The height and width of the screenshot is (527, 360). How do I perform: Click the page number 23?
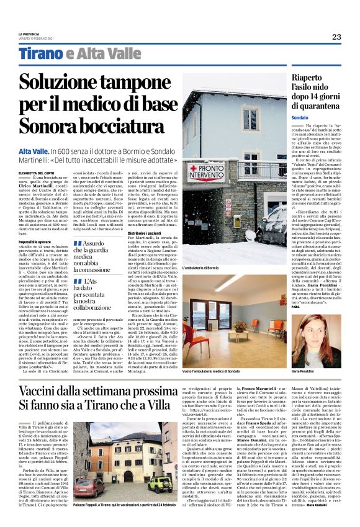pos(336,37)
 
